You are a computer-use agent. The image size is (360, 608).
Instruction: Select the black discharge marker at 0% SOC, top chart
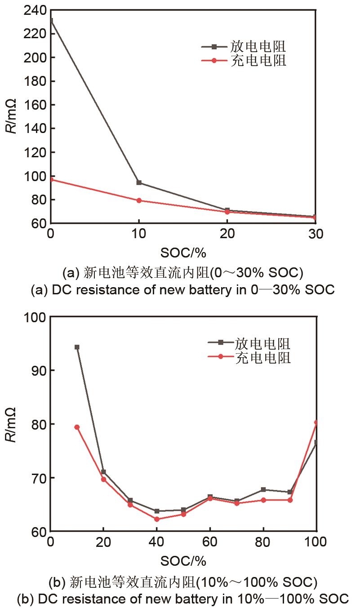coord(51,21)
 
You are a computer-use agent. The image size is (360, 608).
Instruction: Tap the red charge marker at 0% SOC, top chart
coord(51,179)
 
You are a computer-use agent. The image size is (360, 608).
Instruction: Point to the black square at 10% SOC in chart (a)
coord(139,182)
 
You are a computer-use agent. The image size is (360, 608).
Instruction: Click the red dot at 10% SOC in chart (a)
coord(139,200)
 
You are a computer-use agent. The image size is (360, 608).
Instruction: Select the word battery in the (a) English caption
coord(213,290)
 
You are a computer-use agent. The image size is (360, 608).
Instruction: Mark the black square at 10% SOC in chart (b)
coord(77,347)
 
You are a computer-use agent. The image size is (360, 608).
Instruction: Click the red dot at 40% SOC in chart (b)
coord(156,519)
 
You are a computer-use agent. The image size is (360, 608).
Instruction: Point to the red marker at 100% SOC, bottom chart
coord(316,422)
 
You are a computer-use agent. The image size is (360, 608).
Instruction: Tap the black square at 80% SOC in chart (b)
coord(263,489)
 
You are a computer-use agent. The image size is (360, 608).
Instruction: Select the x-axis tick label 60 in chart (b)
coord(209,542)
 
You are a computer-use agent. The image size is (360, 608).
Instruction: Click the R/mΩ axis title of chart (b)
coord(12,424)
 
